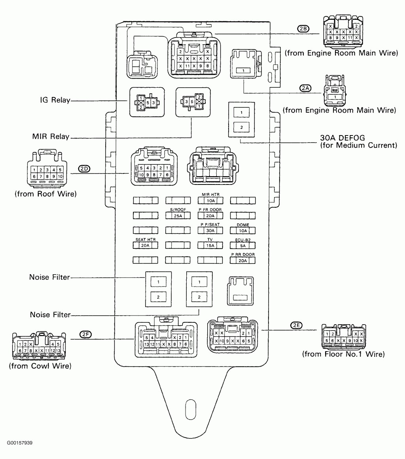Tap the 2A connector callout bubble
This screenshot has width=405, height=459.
[305, 88]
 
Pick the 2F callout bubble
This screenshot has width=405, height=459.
[86, 334]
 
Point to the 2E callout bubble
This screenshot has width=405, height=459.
[296, 325]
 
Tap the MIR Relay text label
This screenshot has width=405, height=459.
[51, 137]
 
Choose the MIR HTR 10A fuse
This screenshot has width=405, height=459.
[210, 201]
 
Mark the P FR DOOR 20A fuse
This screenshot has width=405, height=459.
[210, 216]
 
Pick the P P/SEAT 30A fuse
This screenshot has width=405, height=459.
[210, 231]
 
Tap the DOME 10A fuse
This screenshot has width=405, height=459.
[242, 231]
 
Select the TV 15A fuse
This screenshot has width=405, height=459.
[210, 245]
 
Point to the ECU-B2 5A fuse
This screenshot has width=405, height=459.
[242, 245]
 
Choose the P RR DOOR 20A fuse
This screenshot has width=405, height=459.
[242, 260]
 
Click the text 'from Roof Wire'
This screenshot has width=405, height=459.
[45, 194]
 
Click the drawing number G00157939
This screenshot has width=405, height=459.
[19, 443]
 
